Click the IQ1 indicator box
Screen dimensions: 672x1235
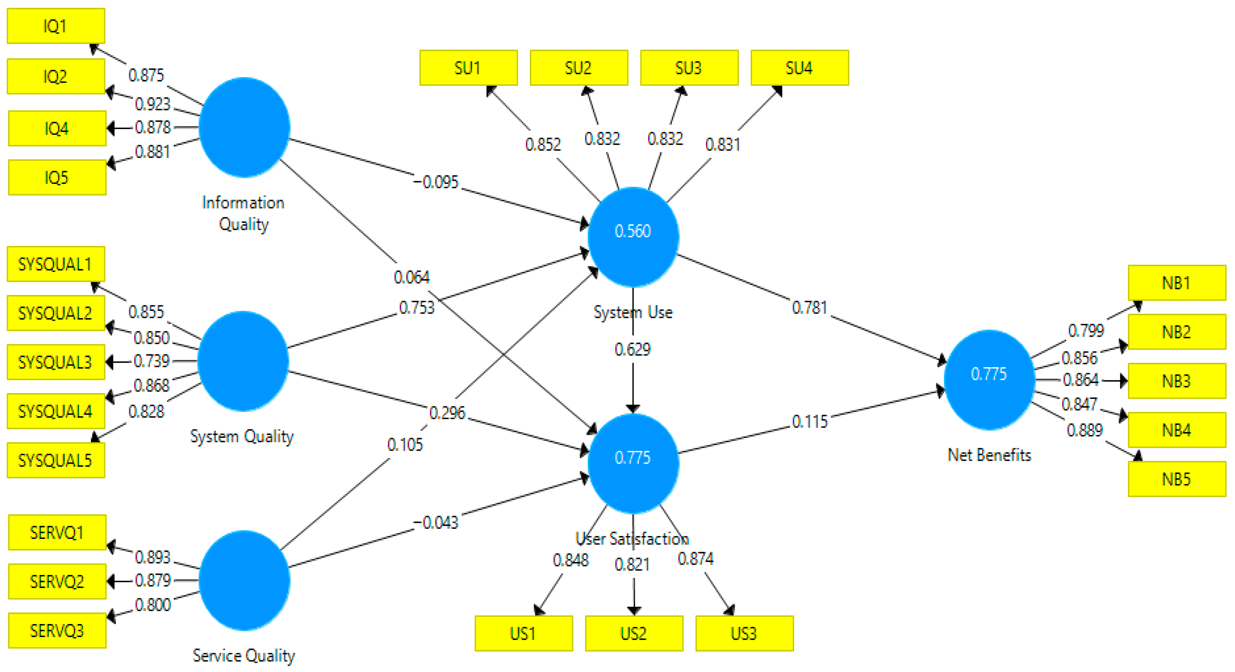(x=56, y=26)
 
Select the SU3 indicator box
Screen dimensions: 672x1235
(x=689, y=68)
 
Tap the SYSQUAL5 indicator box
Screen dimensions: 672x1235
(x=56, y=460)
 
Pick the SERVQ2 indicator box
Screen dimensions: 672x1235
(x=57, y=581)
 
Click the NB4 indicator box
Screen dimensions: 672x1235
(x=1177, y=430)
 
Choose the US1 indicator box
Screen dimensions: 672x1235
(x=523, y=633)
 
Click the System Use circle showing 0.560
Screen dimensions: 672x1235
(x=633, y=236)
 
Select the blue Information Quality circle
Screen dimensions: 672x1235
(x=244, y=127)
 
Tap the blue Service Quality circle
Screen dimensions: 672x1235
(x=244, y=580)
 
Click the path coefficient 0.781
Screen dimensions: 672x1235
(x=809, y=307)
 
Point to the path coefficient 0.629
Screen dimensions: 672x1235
(x=632, y=349)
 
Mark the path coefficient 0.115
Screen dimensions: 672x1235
(x=809, y=422)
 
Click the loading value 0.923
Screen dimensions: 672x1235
(x=152, y=103)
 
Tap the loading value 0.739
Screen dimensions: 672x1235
(x=151, y=361)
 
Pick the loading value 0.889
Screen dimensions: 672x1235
(x=1084, y=430)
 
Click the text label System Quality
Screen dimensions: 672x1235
(x=242, y=436)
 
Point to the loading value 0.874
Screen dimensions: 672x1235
(x=695, y=558)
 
